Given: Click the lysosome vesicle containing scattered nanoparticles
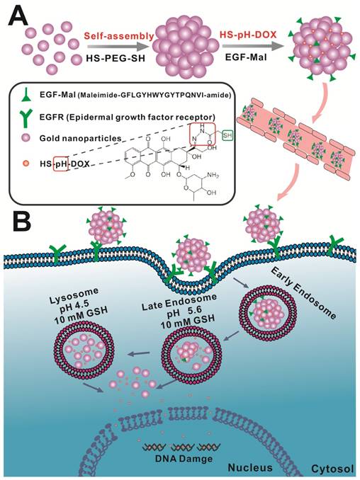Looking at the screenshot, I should point(84,348).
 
